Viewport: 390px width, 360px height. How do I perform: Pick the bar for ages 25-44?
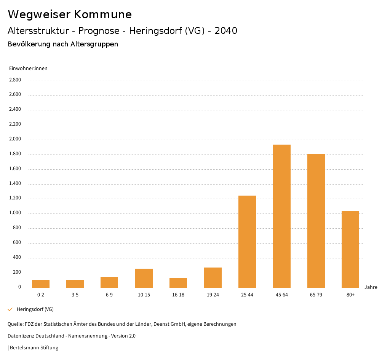[x=247, y=242]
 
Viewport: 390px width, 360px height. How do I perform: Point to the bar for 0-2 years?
[x=41, y=284]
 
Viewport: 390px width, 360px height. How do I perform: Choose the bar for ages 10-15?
[x=144, y=278]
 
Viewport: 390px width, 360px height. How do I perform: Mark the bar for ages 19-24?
[x=213, y=277]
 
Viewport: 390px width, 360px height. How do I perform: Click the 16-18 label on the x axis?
[x=178, y=295]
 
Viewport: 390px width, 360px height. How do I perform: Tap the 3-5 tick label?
[x=75, y=295]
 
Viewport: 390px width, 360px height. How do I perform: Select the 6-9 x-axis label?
[x=109, y=295]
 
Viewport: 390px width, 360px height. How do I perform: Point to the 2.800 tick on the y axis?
[x=14, y=80]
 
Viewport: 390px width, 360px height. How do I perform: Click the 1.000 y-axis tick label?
[x=14, y=213]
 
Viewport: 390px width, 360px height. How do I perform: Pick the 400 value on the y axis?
[x=17, y=258]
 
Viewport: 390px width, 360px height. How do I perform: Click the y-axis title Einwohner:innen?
[x=28, y=68]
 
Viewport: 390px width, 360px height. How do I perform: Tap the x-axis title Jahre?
[x=371, y=287]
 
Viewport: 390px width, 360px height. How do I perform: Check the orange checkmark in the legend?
[x=10, y=309]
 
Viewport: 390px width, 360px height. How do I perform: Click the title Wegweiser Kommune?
[x=70, y=14]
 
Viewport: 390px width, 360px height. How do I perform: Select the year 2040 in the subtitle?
[x=226, y=31]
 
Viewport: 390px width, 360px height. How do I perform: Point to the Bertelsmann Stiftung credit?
[x=34, y=348]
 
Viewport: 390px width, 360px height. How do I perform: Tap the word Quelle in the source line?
[x=15, y=324]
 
